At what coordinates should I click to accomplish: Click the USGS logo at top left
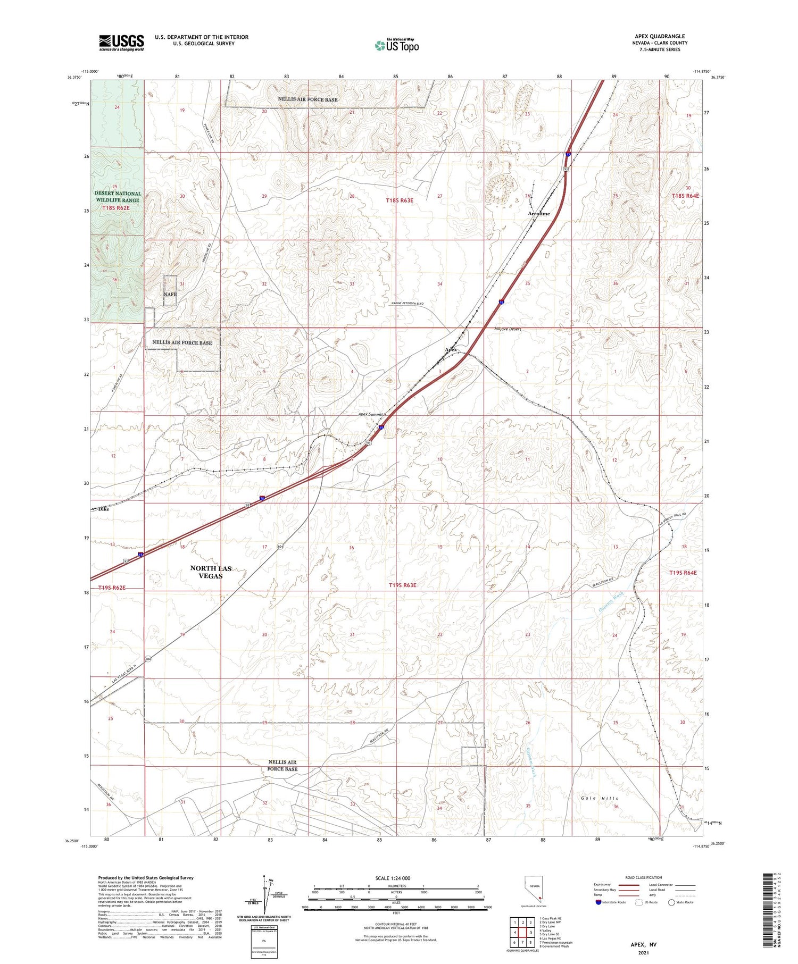click(x=121, y=43)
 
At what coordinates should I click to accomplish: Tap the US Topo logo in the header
click(x=396, y=46)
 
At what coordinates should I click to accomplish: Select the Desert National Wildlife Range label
click(x=118, y=197)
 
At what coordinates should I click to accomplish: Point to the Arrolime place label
click(x=539, y=214)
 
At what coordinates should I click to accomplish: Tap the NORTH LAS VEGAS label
click(x=211, y=572)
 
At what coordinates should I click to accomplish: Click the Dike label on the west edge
click(x=103, y=509)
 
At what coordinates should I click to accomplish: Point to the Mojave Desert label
click(x=507, y=329)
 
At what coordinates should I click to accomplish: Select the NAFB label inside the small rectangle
click(x=170, y=294)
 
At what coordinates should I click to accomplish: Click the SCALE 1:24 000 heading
click(x=396, y=878)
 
